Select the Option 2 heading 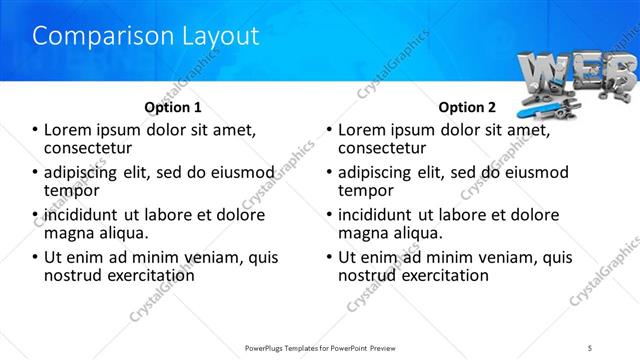pos(467,107)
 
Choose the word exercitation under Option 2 pos(441,274)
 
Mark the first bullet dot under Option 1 pos(35,130)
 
